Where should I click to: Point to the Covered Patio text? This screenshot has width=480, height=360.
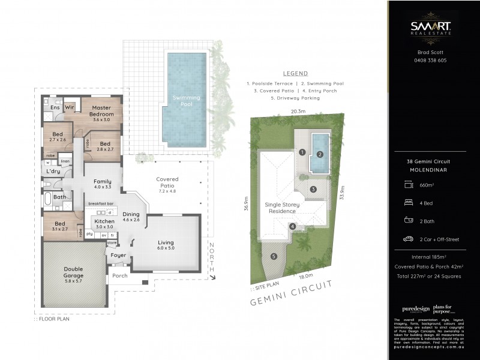(167, 182)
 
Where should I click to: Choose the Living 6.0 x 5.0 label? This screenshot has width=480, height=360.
(166, 244)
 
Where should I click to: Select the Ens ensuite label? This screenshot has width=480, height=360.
(54, 107)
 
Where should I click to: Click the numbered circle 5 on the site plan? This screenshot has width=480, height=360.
(274, 257)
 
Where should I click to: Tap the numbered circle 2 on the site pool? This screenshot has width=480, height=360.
(320, 154)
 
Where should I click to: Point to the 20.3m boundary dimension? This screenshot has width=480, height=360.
(298, 111)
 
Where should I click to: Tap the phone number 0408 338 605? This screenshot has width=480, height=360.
(431, 60)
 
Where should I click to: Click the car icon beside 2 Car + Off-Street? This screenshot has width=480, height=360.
(408, 239)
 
